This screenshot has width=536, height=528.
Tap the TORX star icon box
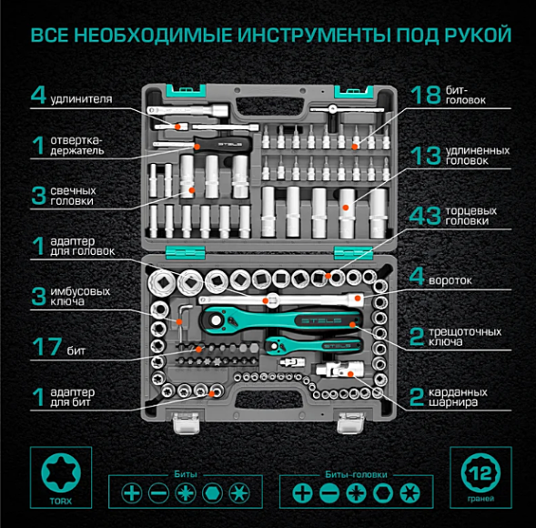58,476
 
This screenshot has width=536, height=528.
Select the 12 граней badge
478,476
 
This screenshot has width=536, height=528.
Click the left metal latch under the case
187,421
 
